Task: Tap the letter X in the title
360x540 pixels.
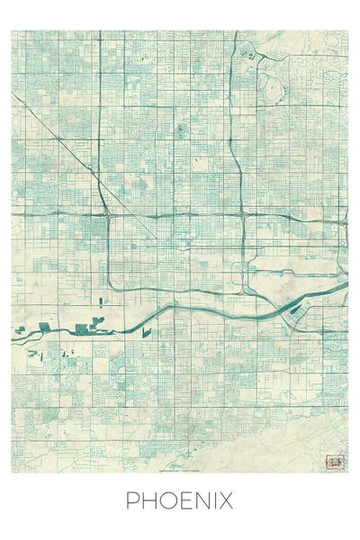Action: (x=226, y=500)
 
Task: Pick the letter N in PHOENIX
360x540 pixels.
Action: (x=200, y=500)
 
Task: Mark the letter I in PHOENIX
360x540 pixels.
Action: (x=213, y=500)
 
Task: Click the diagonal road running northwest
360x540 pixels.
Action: (x=63, y=153)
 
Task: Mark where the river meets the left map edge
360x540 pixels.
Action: (x=13, y=338)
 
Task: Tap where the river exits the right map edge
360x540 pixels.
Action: (x=346, y=284)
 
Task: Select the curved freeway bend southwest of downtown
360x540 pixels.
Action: (x=112, y=285)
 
